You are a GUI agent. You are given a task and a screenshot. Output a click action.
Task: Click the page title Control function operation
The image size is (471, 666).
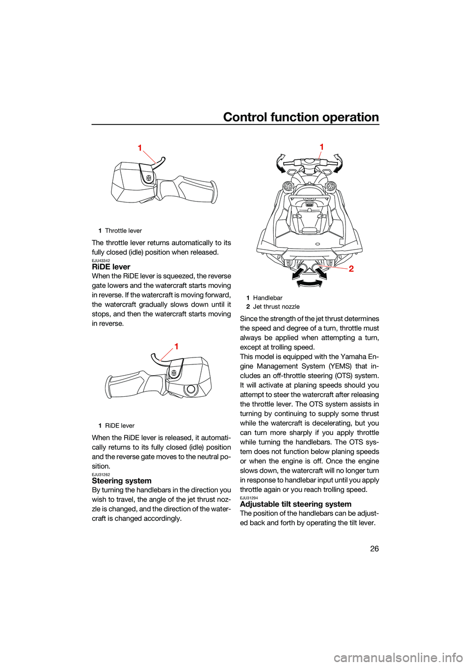tap(301, 117)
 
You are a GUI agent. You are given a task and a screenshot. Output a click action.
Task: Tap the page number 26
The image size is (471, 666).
tap(374, 548)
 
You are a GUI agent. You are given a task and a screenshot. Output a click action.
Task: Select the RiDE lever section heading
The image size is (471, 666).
tap(111, 267)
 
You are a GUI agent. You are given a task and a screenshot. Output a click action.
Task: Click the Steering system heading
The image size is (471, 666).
tap(122, 481)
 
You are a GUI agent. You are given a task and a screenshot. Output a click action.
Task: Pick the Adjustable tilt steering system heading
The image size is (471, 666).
tap(295, 504)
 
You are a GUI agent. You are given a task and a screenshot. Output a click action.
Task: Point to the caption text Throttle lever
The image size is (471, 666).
tap(123, 231)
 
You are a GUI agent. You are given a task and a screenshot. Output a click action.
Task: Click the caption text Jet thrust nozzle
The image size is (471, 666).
tap(276, 307)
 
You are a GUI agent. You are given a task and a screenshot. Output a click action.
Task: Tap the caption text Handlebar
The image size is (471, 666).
tap(267, 298)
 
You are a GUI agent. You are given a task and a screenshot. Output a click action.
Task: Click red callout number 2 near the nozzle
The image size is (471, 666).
tap(351, 269)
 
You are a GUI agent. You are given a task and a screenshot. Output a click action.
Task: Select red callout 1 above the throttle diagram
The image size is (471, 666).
tap(140, 148)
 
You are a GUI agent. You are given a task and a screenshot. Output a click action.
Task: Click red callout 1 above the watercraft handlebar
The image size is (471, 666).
tap(322, 147)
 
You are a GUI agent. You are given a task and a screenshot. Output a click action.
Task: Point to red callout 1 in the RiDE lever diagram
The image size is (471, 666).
tap(176, 346)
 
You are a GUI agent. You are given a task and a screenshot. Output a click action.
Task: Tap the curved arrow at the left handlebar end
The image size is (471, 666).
tap(280, 163)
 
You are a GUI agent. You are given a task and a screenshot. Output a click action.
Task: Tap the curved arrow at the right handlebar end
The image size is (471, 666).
tap(338, 163)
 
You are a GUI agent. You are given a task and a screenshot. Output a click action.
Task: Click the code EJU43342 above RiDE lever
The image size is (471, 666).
tap(101, 260)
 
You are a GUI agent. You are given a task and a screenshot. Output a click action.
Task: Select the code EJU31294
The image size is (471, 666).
tap(249, 498)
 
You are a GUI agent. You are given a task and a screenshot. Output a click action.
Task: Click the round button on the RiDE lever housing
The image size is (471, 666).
tap(191, 389)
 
